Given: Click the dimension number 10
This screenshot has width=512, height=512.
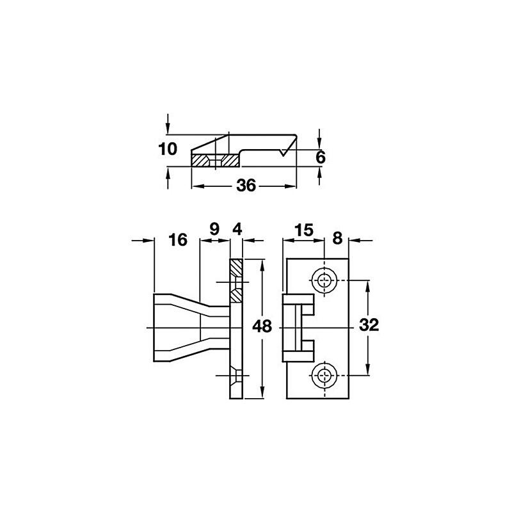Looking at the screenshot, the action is click(x=168, y=149).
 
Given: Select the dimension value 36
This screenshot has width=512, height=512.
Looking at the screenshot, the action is click(x=246, y=186).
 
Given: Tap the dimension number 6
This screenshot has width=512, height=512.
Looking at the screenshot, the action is click(x=321, y=157).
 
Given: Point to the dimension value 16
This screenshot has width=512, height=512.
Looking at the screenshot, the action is click(x=178, y=240).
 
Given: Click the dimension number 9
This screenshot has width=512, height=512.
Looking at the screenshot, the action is click(x=214, y=229).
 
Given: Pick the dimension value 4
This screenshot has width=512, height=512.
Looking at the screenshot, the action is click(x=237, y=229).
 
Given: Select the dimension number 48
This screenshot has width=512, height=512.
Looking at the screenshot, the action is click(x=262, y=326).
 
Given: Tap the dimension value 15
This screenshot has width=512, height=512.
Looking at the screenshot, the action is click(x=303, y=230).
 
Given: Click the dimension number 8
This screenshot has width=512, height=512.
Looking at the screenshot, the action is click(x=337, y=238).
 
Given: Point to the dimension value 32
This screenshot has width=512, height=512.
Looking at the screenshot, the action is click(x=369, y=325).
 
